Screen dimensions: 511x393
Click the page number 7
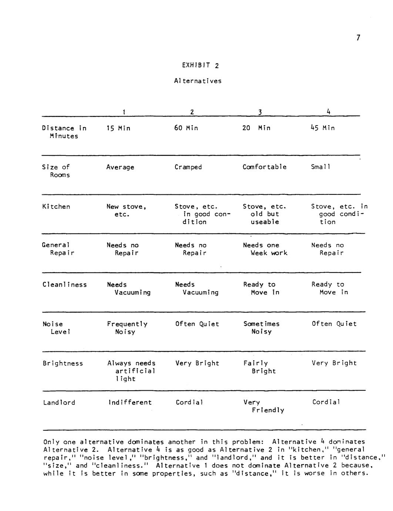[358, 37]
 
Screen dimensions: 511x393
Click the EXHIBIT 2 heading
[200, 66]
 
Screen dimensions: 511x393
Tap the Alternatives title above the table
[198, 81]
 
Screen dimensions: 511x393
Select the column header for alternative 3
[260, 112]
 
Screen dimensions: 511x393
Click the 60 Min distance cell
[186, 128]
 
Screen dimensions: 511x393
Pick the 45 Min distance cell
[323, 128]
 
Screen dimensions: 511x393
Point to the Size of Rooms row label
[56, 171]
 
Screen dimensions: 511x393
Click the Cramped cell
[188, 167]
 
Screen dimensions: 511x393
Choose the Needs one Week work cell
[265, 249]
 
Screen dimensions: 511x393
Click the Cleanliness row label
[65, 284]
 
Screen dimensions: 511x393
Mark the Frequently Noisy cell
[127, 328]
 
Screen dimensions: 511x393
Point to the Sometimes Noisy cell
[262, 328]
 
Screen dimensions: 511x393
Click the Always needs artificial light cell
[131, 371]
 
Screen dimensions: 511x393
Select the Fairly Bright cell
[259, 367]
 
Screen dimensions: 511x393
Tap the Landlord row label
[59, 403]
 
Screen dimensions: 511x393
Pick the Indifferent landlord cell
[130, 403]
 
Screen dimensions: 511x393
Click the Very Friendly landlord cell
[263, 406]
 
